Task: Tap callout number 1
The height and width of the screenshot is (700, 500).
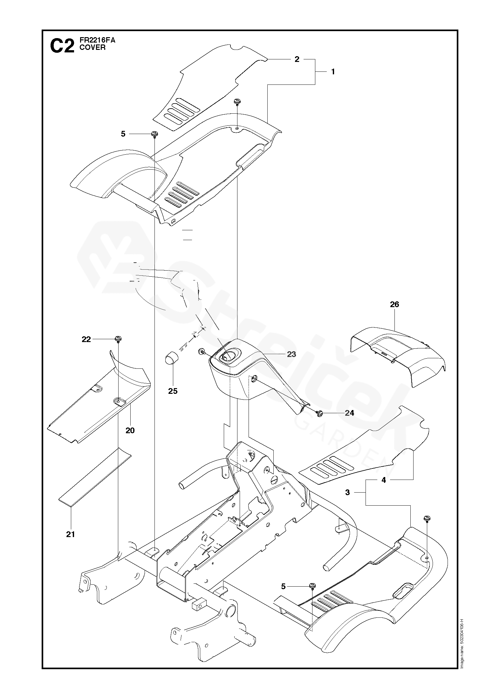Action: click(333, 72)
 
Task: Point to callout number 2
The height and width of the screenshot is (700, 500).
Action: click(297, 59)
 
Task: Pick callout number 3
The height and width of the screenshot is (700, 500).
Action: click(347, 501)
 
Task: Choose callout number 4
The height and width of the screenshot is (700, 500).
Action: click(384, 489)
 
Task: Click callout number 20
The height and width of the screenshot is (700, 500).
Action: click(130, 430)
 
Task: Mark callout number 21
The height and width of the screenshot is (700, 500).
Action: click(71, 534)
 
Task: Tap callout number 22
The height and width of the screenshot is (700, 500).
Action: click(86, 340)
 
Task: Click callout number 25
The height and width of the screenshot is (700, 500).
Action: click(173, 391)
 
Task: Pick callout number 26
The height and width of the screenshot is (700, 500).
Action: click(394, 304)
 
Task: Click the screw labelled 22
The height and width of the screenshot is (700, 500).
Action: click(118, 339)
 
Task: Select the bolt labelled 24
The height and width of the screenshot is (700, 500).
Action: click(320, 413)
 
